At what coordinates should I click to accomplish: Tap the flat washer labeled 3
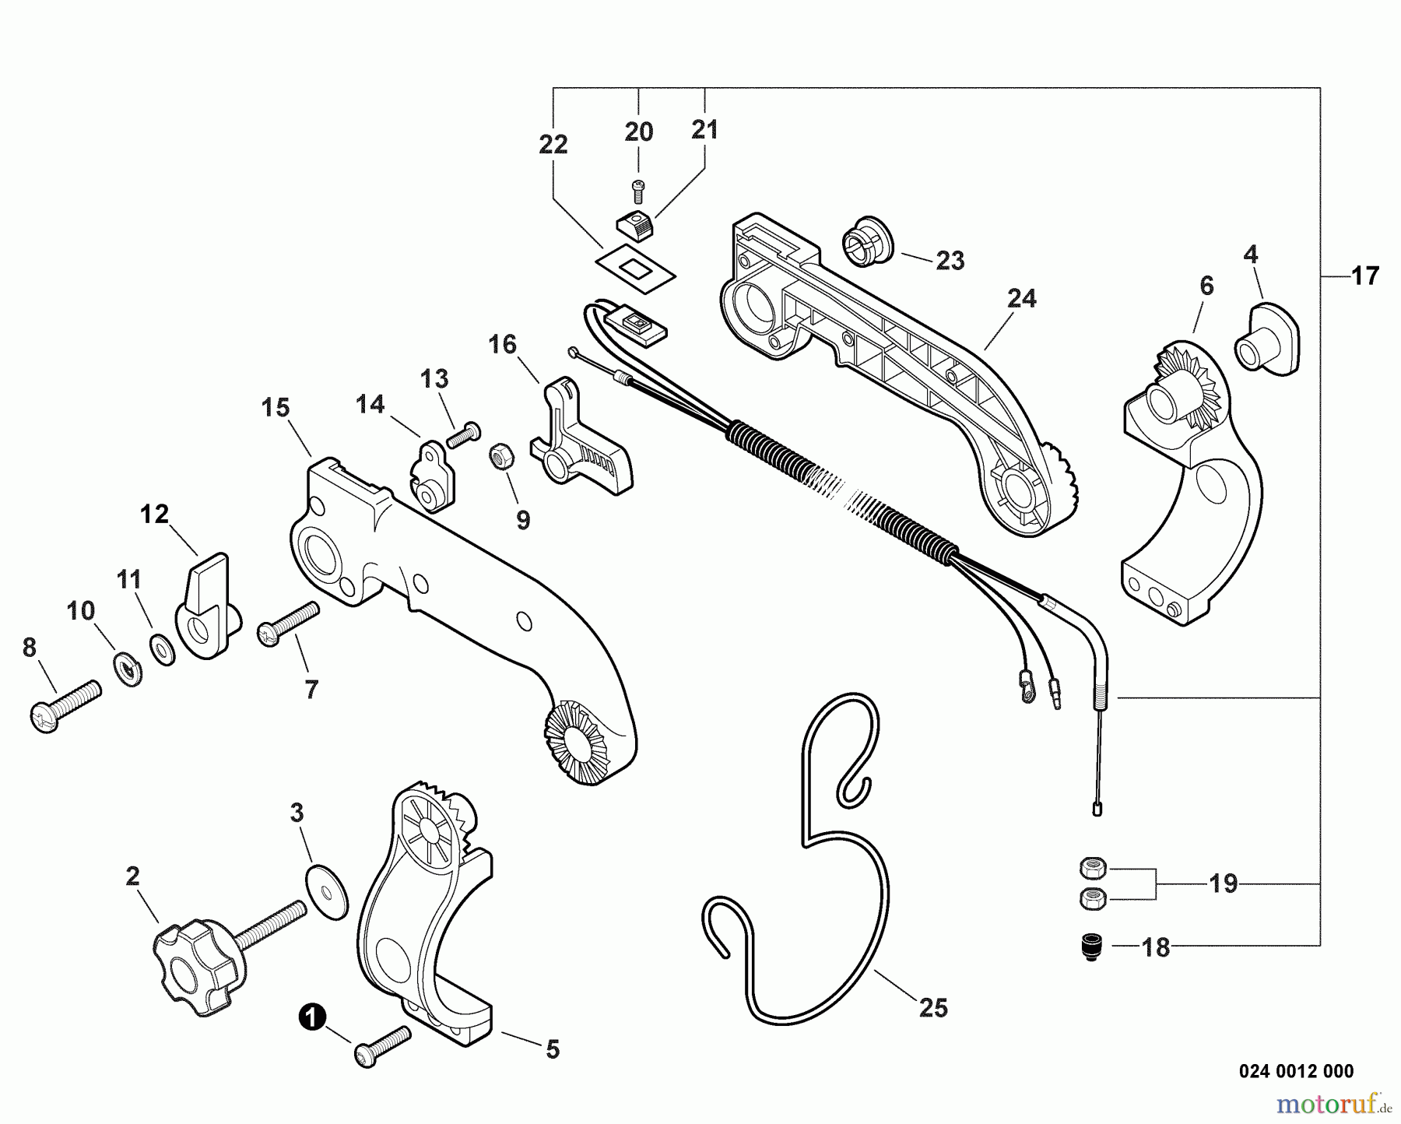point(327,890)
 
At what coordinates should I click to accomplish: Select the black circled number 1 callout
point(311,1017)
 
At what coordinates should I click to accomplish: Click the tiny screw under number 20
point(638,187)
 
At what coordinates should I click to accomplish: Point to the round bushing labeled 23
point(866,243)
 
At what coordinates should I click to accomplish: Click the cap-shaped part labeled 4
point(1267,341)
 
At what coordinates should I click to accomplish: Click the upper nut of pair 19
point(1093,866)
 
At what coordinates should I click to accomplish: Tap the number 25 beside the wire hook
point(933,1008)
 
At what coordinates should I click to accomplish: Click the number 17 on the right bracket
point(1364,276)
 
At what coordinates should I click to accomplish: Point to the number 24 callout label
point(1021,298)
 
